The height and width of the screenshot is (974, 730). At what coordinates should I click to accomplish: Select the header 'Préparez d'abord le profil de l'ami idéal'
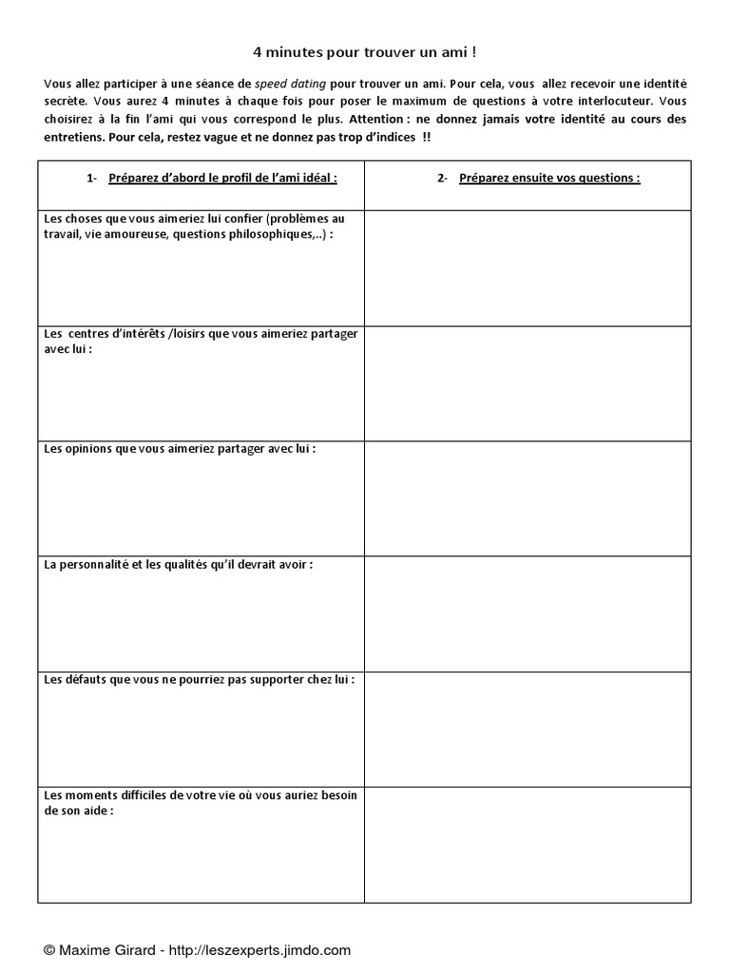click(x=222, y=177)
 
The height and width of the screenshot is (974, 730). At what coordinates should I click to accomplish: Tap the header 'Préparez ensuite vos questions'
click(x=548, y=177)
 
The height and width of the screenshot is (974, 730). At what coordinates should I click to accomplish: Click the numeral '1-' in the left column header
click(x=91, y=177)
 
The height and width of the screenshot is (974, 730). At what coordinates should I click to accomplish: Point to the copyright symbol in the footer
click(x=49, y=949)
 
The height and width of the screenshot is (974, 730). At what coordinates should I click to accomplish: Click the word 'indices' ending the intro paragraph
click(x=394, y=138)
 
